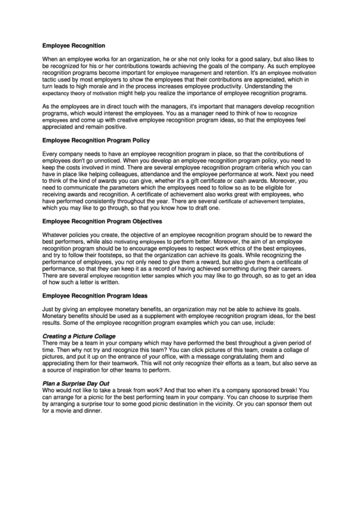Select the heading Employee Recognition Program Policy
point(96,140)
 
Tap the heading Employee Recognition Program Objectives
point(102,221)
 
